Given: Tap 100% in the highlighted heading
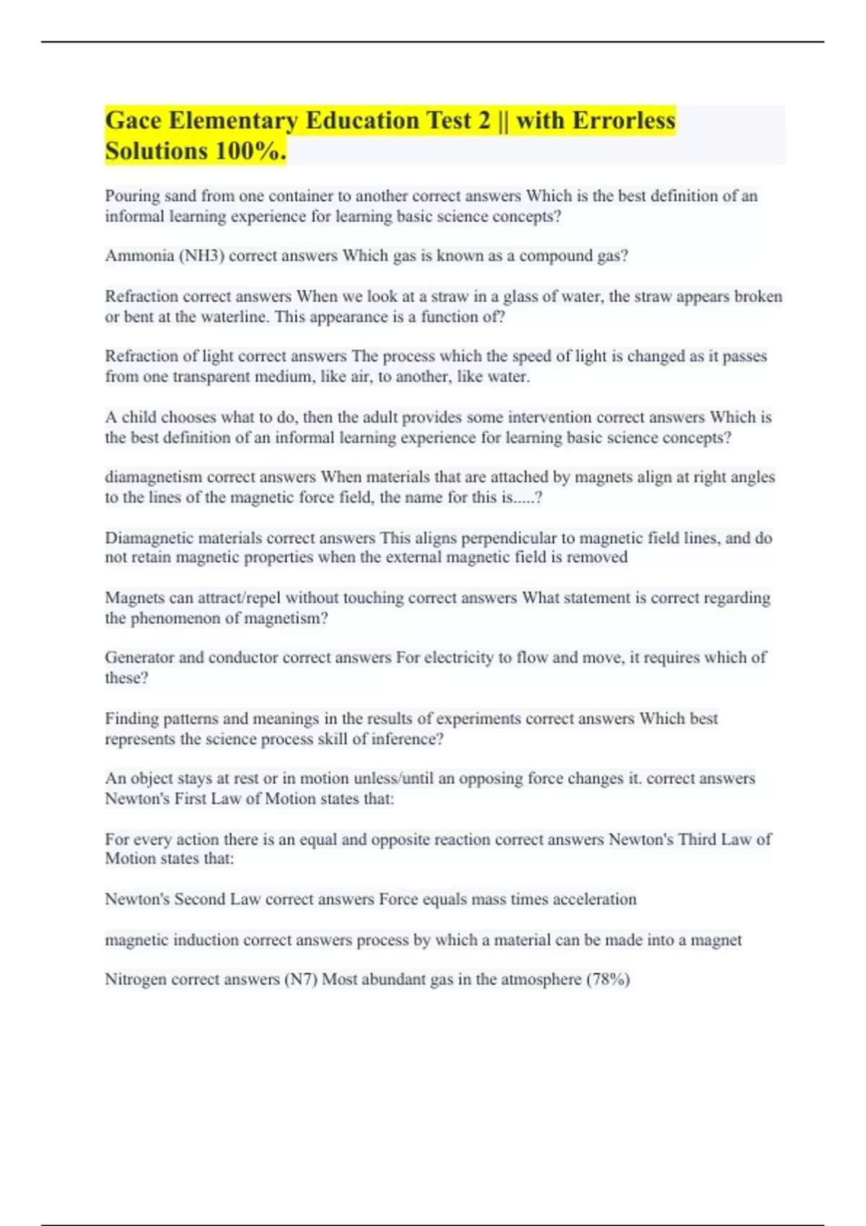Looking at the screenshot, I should (x=250, y=151).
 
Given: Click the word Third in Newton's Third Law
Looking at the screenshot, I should (x=697, y=839).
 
